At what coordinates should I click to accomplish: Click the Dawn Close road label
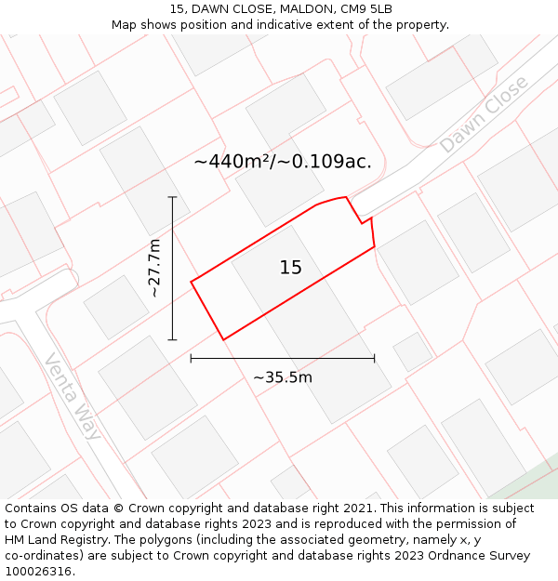click(x=484, y=114)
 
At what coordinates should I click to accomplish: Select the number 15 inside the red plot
click(x=290, y=268)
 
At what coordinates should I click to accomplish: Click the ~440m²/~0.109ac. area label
click(x=283, y=161)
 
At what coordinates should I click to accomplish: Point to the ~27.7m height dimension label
click(x=154, y=269)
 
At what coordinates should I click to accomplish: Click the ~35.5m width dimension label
click(x=283, y=377)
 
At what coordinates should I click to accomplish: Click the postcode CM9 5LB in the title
click(x=366, y=9)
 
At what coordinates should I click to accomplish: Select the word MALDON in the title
click(x=300, y=9)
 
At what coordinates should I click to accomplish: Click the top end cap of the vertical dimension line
click(x=172, y=197)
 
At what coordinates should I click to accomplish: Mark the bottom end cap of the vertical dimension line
click(x=172, y=340)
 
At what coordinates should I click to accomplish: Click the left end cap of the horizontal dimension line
click(x=191, y=358)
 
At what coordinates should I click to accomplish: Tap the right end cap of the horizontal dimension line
click(x=375, y=358)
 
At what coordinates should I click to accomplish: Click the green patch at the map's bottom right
click(x=525, y=483)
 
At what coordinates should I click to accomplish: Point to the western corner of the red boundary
click(x=192, y=281)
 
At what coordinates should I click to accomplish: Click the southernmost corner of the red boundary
click(x=224, y=339)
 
